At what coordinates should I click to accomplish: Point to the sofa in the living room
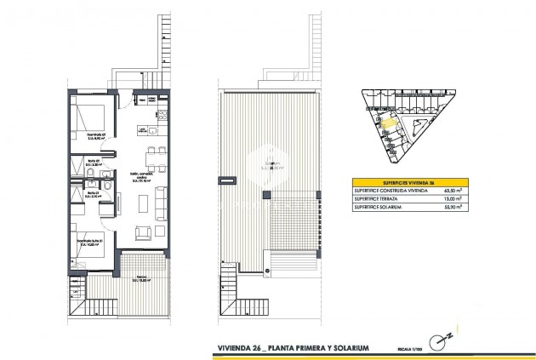click(x=160, y=204)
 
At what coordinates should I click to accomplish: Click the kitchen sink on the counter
click(x=151, y=131)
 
